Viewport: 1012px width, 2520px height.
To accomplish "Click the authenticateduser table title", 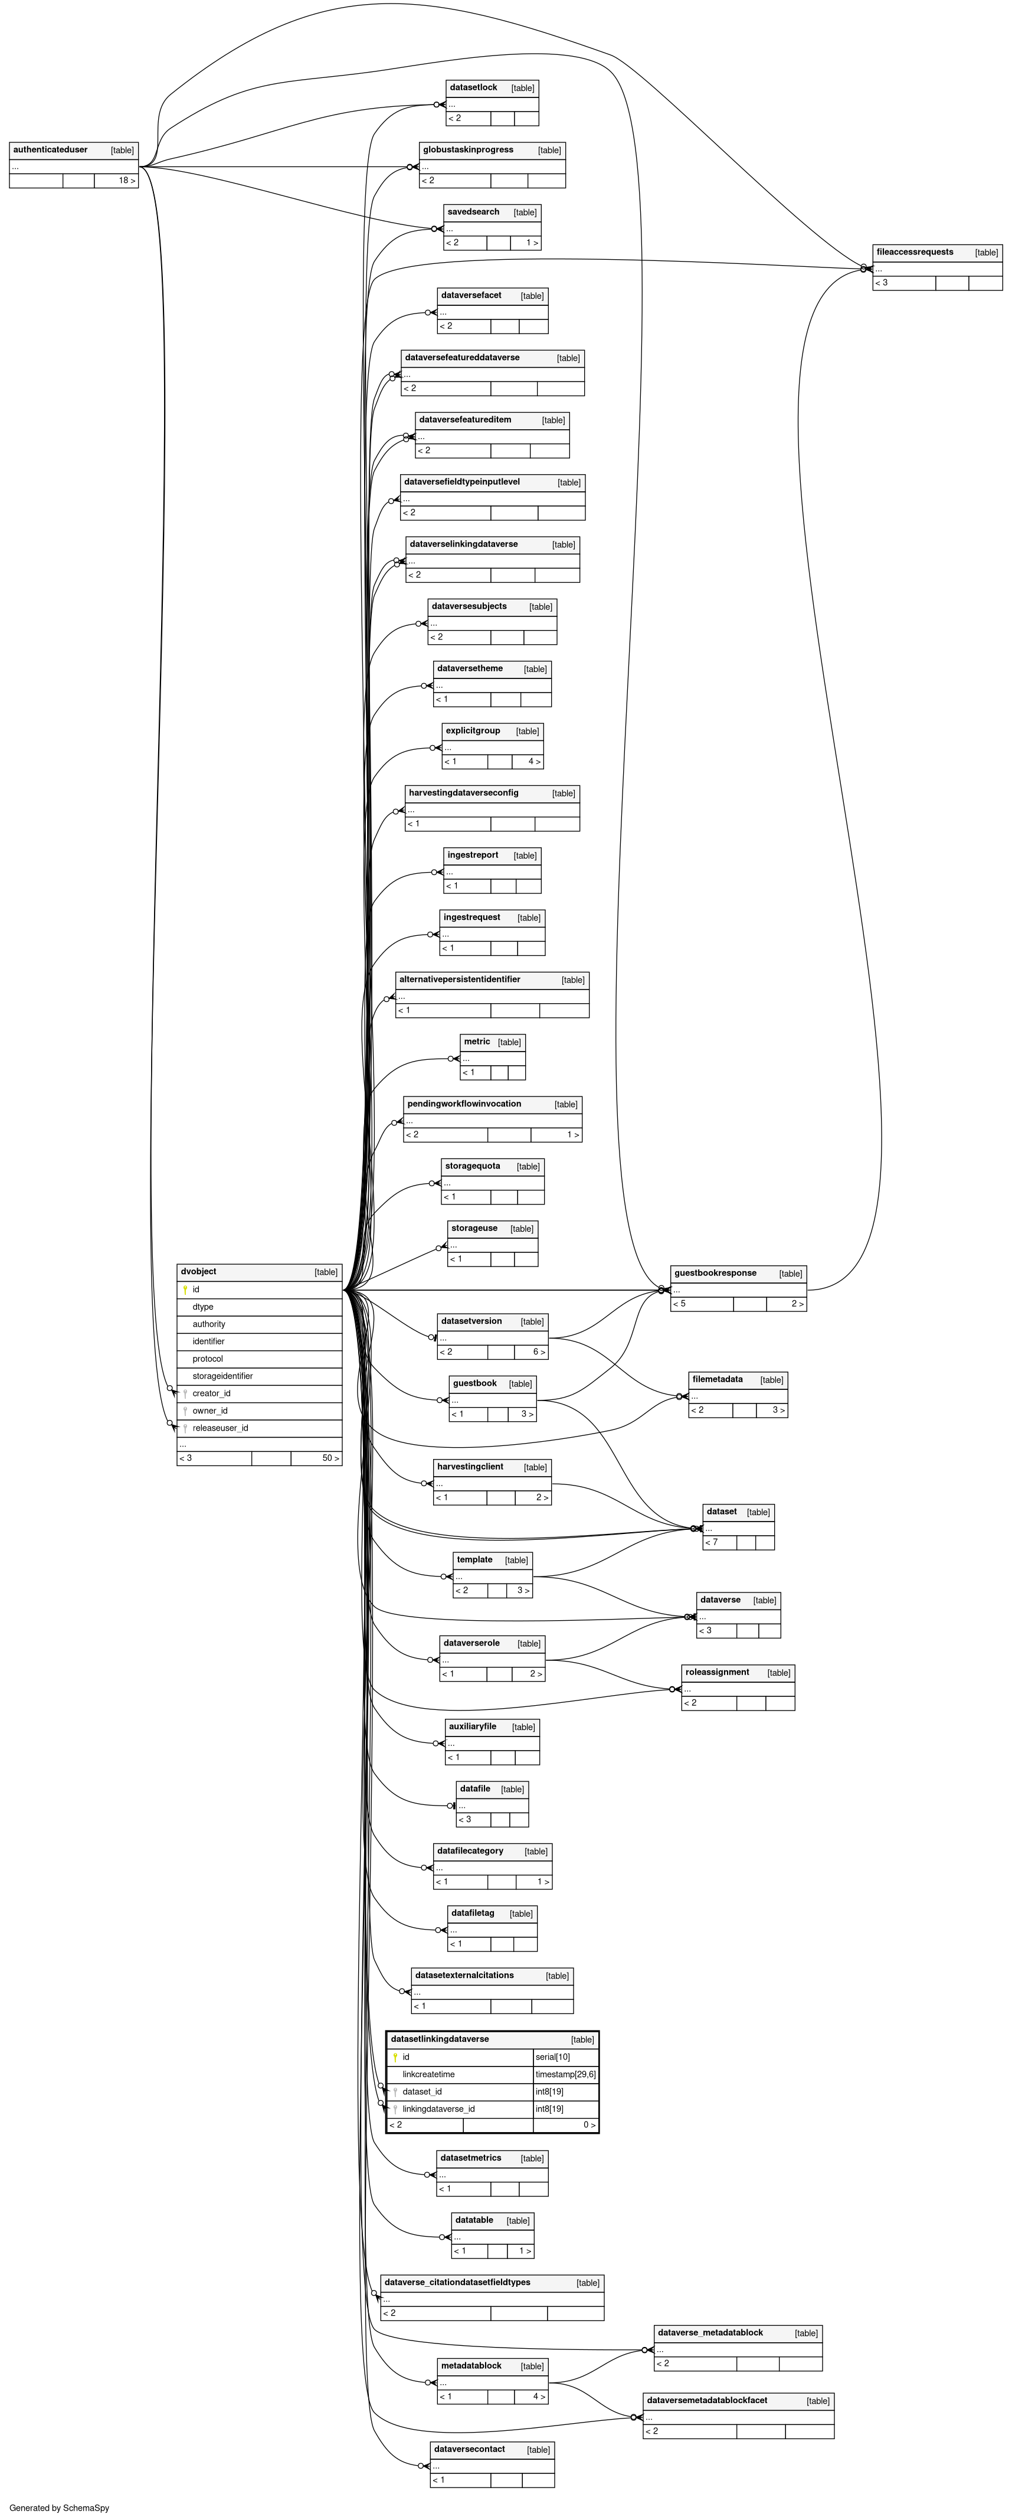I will [x=51, y=149].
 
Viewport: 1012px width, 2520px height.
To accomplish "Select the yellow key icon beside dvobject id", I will [x=185, y=1290].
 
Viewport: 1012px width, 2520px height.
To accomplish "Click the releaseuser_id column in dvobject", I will [x=220, y=1427].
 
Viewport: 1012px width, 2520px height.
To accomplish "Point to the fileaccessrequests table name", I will [x=914, y=252].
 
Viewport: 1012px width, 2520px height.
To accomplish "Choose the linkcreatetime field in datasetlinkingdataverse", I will [x=428, y=2074].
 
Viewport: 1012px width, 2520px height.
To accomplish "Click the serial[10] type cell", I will [x=552, y=2057].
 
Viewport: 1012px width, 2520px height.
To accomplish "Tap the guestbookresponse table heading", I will [x=715, y=1273].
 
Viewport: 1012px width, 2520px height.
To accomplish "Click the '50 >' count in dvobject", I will [x=330, y=1458].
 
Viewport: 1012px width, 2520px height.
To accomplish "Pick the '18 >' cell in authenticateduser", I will [x=126, y=180].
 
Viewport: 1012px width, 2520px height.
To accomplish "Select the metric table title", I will [x=477, y=1042].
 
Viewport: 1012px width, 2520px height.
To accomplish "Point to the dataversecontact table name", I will [x=469, y=2449].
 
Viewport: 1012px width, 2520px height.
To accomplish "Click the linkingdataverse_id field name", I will [x=438, y=2108].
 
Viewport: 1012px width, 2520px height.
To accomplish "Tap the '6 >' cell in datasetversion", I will [x=539, y=1352].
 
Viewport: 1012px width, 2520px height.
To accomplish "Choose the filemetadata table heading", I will [x=717, y=1379].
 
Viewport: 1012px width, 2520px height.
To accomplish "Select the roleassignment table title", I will [x=717, y=1672].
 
